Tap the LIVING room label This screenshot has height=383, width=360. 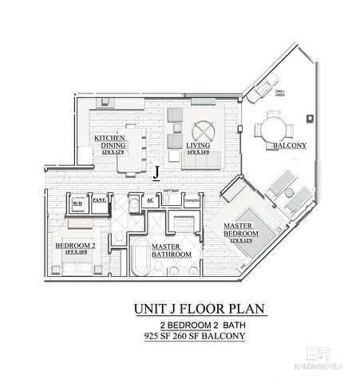click(199, 147)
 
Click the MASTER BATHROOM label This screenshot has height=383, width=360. click(171, 251)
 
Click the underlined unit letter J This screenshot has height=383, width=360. click(158, 170)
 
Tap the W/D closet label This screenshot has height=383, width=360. click(77, 203)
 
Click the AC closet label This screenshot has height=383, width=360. click(150, 200)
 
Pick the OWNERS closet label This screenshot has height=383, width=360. click(192, 202)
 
